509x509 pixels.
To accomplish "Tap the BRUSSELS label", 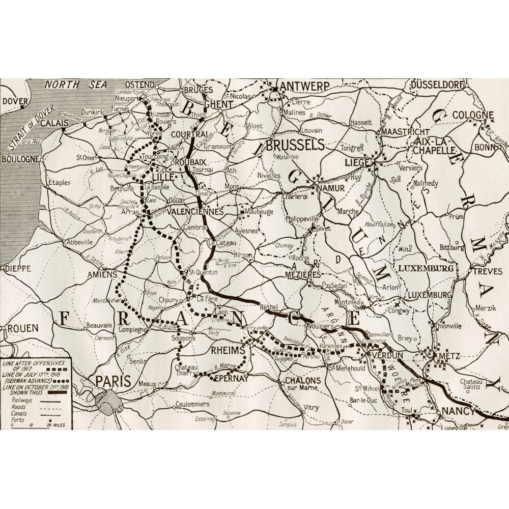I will click(295, 145).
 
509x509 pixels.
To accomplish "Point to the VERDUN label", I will click(387, 355).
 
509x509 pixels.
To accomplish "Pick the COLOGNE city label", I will click(473, 115).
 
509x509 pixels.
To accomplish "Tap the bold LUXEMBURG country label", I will click(426, 268).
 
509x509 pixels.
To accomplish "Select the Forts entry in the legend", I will click(15, 418).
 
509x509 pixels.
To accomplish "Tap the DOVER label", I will click(15, 101).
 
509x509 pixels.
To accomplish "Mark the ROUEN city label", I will click(22, 328).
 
